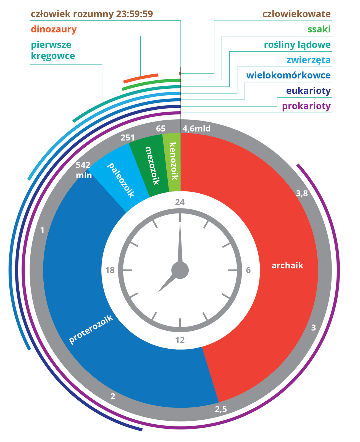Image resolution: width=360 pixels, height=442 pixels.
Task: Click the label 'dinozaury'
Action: pos(54,29)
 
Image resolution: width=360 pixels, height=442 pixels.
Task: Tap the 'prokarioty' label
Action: pos(306,106)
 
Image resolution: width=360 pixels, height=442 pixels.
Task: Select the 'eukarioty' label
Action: pos(308,91)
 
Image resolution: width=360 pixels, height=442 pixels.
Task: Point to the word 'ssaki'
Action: pos(319,29)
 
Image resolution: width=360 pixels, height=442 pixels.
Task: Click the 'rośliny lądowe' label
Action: pos(297,45)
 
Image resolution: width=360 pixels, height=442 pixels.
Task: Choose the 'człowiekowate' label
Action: pos(296,14)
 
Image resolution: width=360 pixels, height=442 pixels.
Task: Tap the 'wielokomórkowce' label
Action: pos(288,75)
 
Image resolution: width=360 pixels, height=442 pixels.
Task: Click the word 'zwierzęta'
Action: pos(308,60)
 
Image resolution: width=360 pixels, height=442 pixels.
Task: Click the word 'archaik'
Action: pos(287,266)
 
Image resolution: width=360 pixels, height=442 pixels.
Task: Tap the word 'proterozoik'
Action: pos(91,330)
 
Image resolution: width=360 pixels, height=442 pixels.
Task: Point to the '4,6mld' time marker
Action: pos(196,129)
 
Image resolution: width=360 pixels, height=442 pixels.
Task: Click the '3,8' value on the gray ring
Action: pos(301,194)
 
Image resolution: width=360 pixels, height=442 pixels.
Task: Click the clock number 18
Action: pos(110,270)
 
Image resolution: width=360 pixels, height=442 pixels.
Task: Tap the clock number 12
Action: pos(180,340)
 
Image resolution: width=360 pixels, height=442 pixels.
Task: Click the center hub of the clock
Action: pos(180,270)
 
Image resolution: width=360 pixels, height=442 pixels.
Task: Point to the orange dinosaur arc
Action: pos(141,78)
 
